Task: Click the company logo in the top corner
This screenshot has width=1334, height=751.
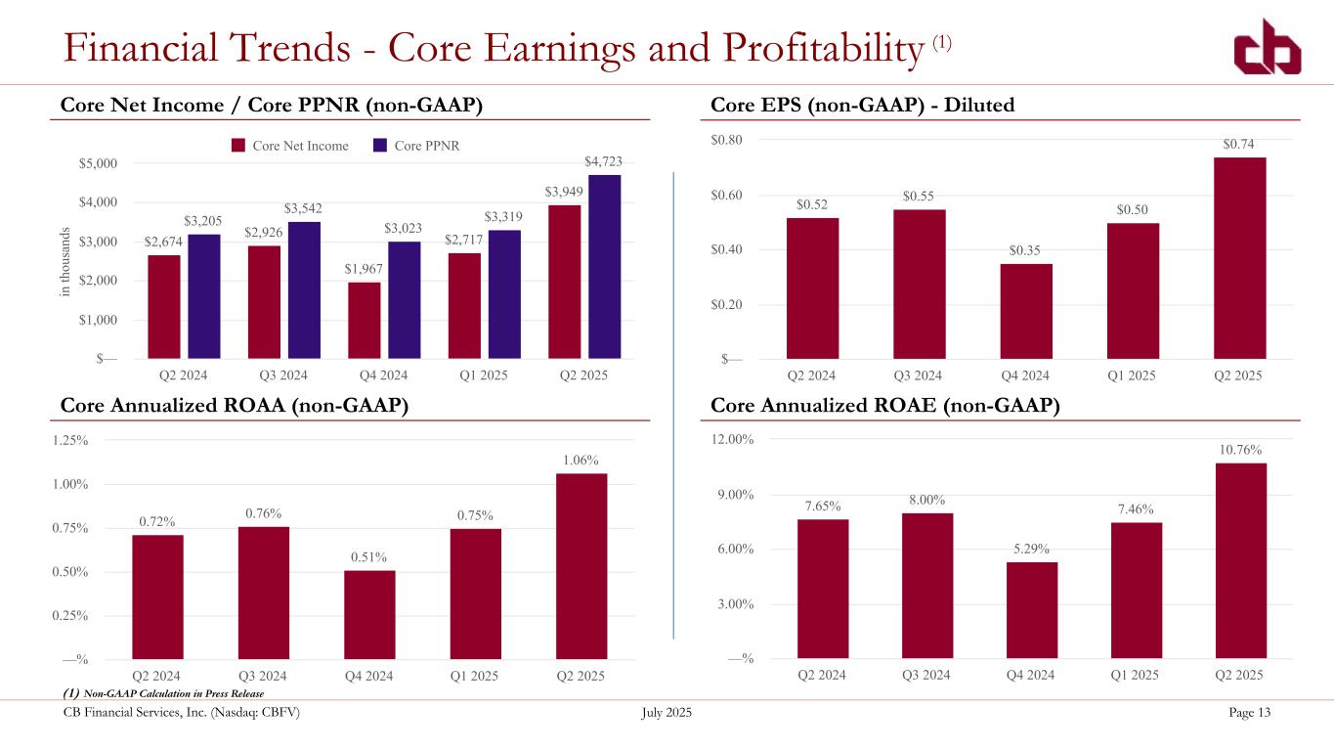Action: point(1267,48)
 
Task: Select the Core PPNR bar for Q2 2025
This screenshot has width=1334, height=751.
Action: point(604,266)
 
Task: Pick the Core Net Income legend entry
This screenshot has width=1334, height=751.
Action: point(290,146)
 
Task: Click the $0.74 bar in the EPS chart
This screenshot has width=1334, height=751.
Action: point(1239,258)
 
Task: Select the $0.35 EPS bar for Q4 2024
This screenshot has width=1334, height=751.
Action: point(1026,311)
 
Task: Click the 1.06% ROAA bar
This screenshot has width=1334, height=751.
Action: point(581,566)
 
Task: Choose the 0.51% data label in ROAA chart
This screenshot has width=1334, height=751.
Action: point(368,556)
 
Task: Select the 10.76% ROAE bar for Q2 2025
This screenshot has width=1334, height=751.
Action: point(1241,560)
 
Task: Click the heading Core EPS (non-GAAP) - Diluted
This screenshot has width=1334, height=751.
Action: point(862,105)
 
